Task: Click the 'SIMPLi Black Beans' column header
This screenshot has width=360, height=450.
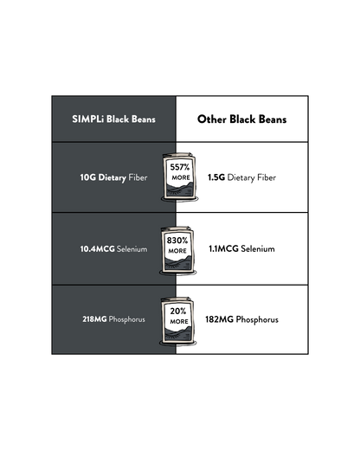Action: (113, 119)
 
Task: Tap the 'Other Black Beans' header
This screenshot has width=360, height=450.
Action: (242, 119)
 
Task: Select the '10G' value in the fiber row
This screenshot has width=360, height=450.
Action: (88, 177)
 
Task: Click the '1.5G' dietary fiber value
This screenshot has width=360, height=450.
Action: (216, 177)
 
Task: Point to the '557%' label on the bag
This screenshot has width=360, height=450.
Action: (180, 167)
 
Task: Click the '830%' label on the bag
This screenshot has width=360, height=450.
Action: (177, 241)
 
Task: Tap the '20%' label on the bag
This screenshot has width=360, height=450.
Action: (178, 311)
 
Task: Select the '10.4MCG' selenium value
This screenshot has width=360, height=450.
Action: (98, 248)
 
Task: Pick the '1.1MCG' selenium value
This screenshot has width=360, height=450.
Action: (223, 248)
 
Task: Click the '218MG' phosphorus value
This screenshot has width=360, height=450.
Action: (94, 319)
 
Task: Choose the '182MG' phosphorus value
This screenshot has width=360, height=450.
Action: (219, 319)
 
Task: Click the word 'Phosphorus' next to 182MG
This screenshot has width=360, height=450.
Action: (257, 320)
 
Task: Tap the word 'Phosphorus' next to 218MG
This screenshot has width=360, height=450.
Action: (127, 319)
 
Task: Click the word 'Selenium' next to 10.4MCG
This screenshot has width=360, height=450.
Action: (132, 249)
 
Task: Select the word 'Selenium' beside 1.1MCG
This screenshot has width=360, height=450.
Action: (258, 248)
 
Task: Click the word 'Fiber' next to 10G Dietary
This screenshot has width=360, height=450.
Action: (138, 177)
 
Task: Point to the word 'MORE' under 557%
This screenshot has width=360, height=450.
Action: (181, 177)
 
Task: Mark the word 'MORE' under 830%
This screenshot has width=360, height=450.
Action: (177, 251)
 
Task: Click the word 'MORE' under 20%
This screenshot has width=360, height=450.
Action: (179, 321)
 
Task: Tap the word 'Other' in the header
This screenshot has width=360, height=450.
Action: (212, 119)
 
